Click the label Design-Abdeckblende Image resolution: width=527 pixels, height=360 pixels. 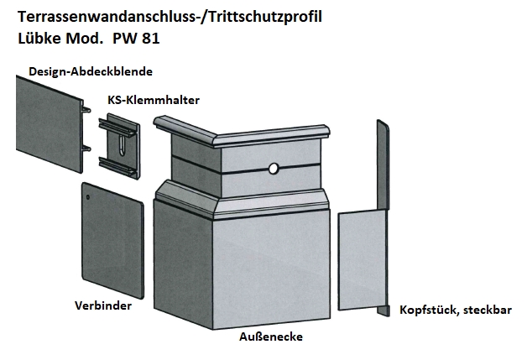91,71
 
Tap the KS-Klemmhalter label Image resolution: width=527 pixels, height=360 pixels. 154,100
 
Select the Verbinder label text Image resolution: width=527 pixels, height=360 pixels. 103,305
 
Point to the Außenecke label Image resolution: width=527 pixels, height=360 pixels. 271,337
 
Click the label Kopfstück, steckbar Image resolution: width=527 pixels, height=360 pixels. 456,310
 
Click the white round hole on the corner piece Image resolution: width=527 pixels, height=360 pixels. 274,169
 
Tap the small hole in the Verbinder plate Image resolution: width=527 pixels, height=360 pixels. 88,197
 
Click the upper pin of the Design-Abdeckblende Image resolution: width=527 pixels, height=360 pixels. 86,109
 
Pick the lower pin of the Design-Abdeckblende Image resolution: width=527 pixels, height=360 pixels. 86,149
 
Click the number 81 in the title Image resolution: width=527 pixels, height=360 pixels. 150,39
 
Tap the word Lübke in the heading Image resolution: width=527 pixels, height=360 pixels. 39,38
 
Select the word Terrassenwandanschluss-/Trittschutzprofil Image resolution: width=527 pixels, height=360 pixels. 170,17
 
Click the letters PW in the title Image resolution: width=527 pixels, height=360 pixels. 124,39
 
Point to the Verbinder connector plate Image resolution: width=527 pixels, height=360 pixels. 113,240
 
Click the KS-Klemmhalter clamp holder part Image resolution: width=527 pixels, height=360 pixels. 119,146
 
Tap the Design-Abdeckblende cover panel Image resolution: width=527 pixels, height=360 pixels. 50,124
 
